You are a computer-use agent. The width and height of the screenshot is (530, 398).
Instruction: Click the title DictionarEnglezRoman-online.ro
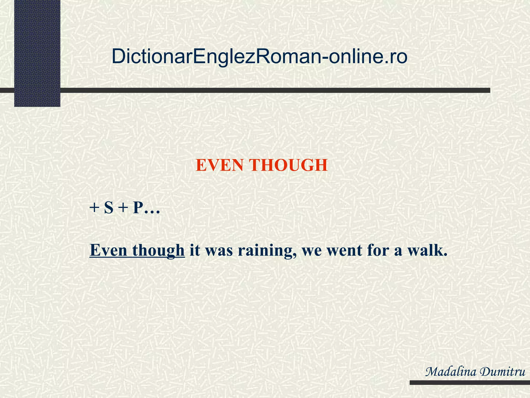click(x=259, y=56)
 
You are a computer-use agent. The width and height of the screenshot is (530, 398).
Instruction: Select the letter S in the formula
click(x=109, y=208)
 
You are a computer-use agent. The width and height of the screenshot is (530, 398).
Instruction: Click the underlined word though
click(x=158, y=251)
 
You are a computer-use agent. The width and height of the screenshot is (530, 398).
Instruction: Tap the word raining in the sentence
click(x=267, y=251)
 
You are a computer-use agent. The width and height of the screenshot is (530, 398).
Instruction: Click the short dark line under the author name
click(x=469, y=382)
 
